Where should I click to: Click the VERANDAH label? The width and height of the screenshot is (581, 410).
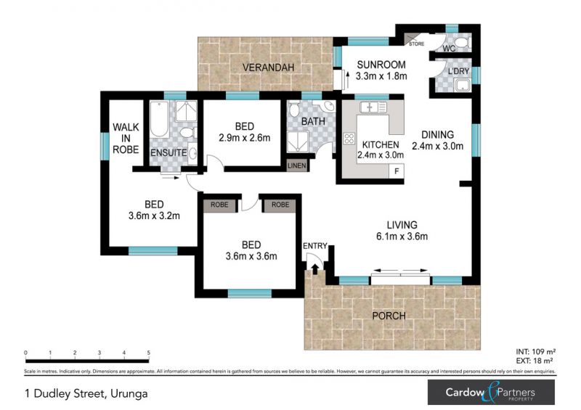tap(268, 67)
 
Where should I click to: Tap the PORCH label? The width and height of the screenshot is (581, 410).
tap(389, 316)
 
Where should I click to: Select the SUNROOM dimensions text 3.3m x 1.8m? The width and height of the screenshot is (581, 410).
tap(381, 76)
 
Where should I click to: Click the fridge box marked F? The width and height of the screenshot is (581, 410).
tap(397, 171)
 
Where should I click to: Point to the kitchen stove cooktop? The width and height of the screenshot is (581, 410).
tap(349, 139)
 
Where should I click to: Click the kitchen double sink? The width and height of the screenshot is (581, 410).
tap(373, 107)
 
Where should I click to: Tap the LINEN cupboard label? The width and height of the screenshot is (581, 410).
tap(297, 165)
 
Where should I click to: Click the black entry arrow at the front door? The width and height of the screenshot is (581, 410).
tap(315, 269)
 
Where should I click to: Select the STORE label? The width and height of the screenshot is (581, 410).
tap(416, 44)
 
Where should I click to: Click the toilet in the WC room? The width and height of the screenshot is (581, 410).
tap(461, 42)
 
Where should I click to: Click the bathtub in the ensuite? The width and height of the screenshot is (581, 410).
tap(159, 119)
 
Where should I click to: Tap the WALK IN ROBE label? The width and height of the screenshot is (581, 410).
tap(126, 139)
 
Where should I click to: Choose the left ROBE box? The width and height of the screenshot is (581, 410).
tap(219, 205)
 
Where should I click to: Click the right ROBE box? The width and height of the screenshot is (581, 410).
tap(280, 205)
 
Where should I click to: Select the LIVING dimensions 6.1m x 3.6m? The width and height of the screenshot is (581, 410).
tap(402, 237)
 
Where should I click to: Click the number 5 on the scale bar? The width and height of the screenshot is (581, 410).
tap(149, 353)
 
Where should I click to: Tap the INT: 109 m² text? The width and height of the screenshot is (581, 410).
tap(536, 351)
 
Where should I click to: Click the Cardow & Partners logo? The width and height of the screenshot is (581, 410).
tap(492, 393)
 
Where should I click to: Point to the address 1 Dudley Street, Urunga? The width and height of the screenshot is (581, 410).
tap(86, 393)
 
